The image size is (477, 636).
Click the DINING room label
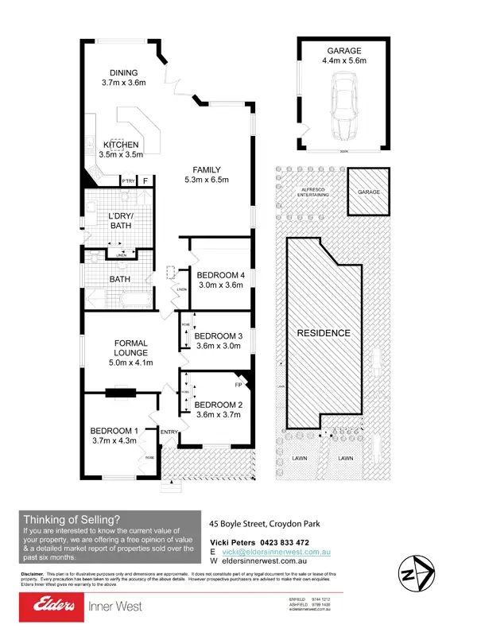point(123,73)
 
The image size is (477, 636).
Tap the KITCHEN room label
point(121,145)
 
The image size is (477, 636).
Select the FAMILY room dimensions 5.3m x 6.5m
point(206,180)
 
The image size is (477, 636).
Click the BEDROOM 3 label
point(218,335)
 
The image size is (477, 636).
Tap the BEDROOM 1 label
point(114,431)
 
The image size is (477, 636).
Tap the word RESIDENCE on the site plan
point(324,332)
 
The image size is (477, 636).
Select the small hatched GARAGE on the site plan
point(367,192)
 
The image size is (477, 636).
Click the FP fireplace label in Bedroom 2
point(237,385)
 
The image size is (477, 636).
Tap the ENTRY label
point(169,432)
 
